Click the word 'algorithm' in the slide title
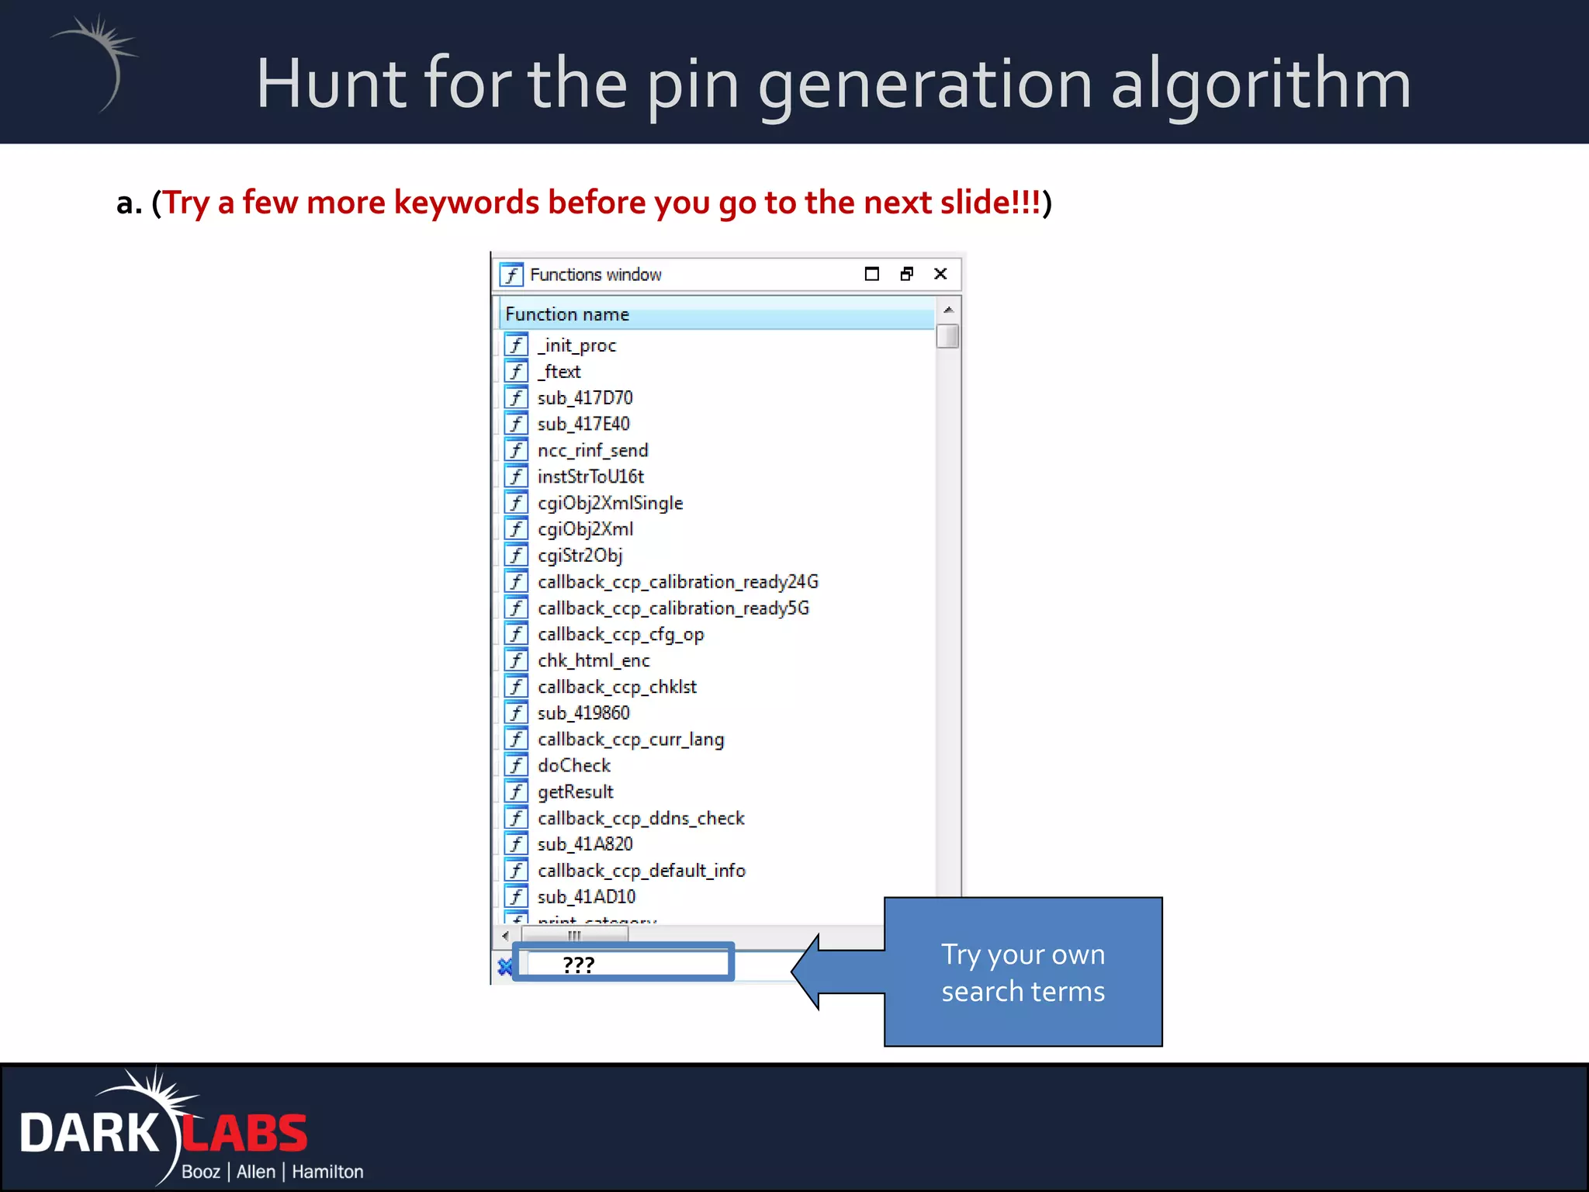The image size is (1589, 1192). (1260, 85)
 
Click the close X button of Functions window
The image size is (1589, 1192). (940, 274)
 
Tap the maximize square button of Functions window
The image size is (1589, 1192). (871, 274)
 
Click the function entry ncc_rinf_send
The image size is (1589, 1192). (592, 451)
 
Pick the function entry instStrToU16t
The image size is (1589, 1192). (590, 476)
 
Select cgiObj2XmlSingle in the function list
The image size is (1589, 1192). (610, 503)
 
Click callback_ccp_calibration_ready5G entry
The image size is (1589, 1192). (673, 608)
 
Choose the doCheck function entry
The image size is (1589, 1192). (573, 766)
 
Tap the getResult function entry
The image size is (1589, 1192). (575, 792)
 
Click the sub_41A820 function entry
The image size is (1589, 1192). (584, 844)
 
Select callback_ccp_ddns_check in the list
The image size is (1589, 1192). (641, 819)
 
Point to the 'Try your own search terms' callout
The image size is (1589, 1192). (1023, 972)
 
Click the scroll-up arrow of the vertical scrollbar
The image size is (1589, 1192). (947, 310)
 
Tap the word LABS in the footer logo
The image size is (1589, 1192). (245, 1134)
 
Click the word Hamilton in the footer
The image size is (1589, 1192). (327, 1172)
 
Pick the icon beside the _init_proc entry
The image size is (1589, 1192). (516, 345)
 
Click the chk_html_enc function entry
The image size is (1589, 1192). (593, 661)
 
